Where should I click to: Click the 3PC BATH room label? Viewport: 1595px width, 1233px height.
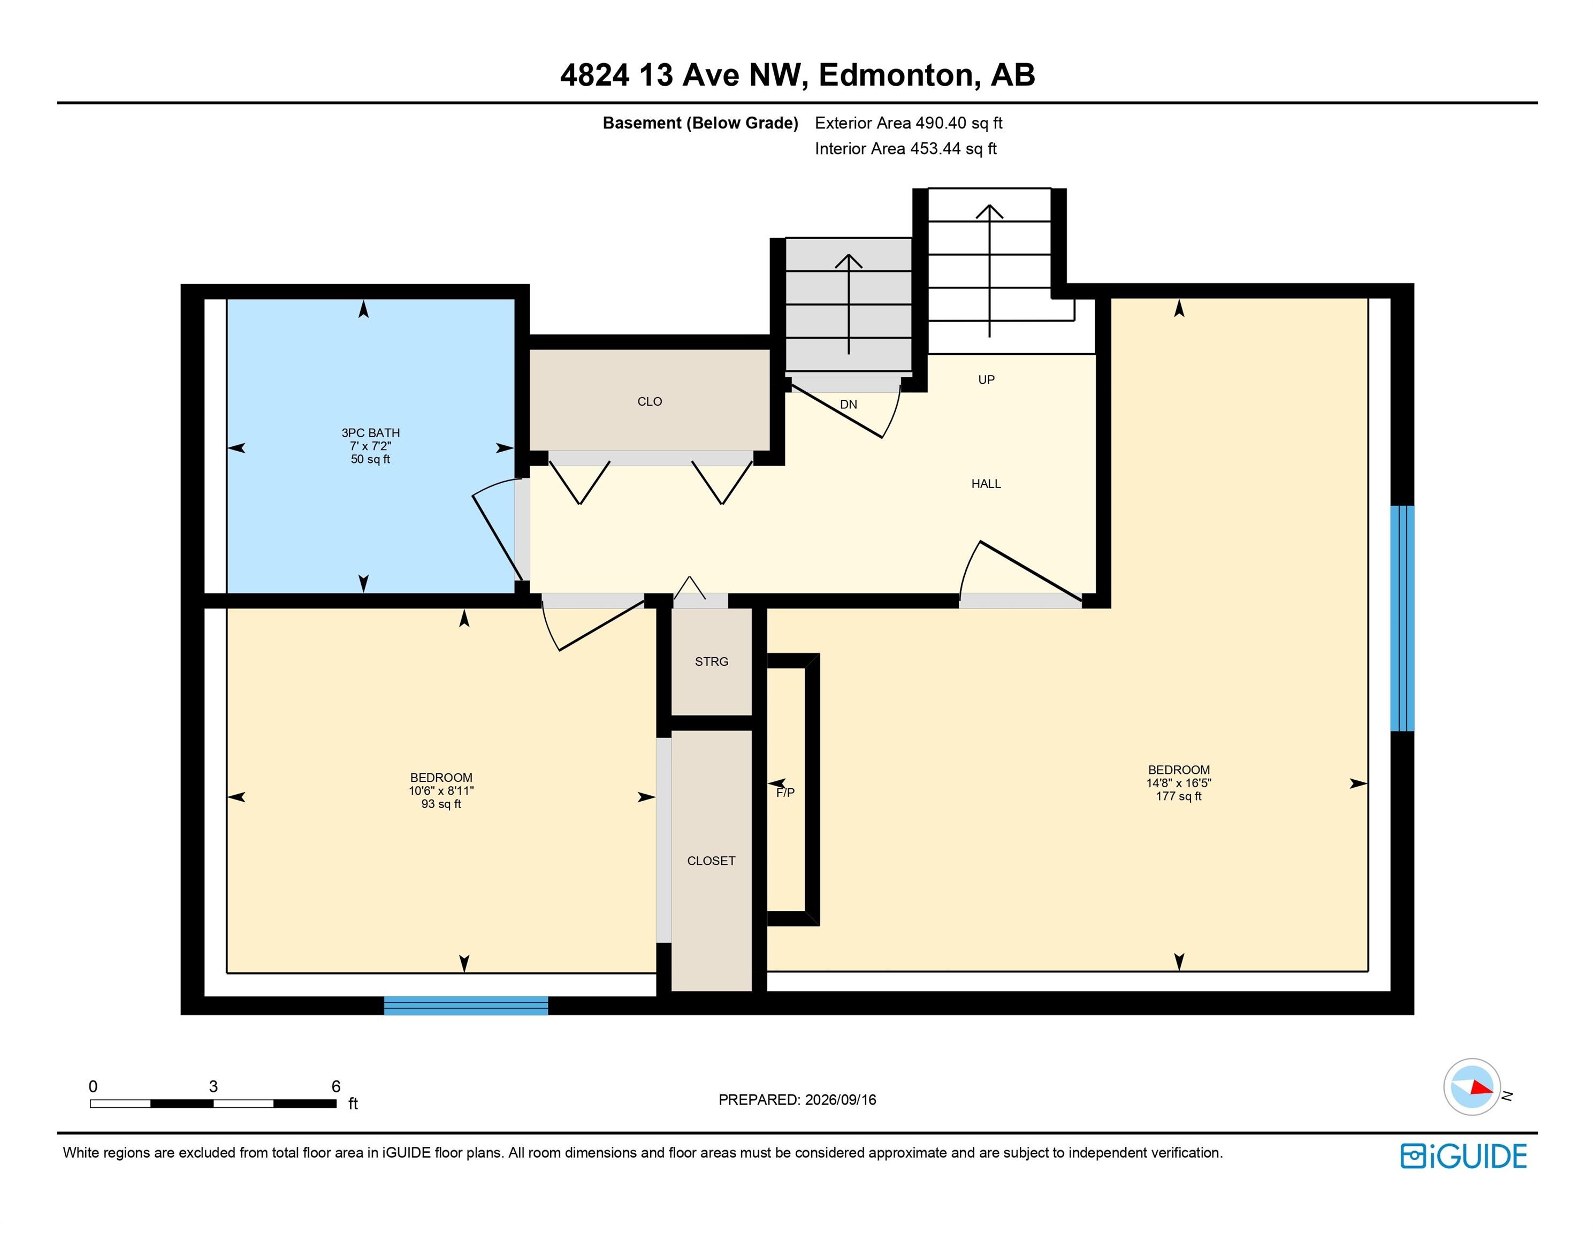(x=370, y=432)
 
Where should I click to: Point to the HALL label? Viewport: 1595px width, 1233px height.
(x=986, y=484)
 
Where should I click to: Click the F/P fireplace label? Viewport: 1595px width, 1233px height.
(x=786, y=793)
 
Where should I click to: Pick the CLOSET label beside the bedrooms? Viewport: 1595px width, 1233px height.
(x=711, y=861)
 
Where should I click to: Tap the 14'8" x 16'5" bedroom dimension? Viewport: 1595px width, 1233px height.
(x=1179, y=783)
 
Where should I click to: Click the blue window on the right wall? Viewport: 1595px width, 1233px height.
(x=1402, y=618)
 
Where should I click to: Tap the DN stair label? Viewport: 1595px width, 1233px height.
(x=849, y=405)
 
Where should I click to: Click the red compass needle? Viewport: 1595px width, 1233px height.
(x=1482, y=1087)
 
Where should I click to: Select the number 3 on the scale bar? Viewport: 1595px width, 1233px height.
(x=213, y=1086)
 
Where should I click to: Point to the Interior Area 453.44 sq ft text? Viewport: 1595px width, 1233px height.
(x=906, y=149)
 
